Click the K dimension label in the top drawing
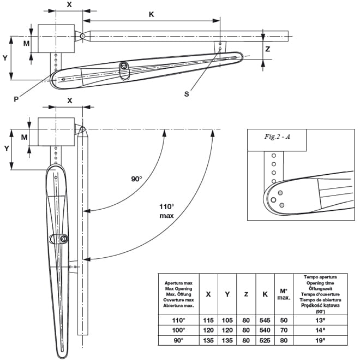(151, 15)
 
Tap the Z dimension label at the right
(267, 49)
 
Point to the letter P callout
(16, 99)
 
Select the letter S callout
(187, 94)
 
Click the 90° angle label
(136, 179)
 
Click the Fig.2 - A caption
(277, 137)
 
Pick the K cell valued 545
(265, 320)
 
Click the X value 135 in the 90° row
(208, 340)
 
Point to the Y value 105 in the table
(227, 320)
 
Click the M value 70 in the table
(284, 330)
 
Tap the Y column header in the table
(227, 294)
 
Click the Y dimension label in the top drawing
(5, 57)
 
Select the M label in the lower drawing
(24, 137)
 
